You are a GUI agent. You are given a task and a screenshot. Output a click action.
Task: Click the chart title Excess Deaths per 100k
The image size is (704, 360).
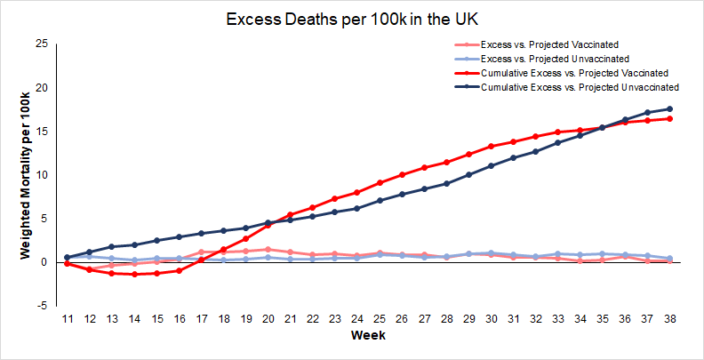(x=352, y=19)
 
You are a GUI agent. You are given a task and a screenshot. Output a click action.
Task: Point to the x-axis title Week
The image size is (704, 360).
(x=368, y=337)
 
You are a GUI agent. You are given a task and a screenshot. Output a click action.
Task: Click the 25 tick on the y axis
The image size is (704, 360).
(x=42, y=44)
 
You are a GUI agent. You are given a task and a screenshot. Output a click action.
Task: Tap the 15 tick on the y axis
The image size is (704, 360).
(x=42, y=131)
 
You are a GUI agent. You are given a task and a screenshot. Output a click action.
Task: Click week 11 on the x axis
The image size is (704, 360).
(x=67, y=317)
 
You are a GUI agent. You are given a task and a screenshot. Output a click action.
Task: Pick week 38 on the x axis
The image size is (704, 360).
(x=669, y=317)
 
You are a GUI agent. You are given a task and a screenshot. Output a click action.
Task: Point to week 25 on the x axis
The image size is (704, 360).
(x=380, y=317)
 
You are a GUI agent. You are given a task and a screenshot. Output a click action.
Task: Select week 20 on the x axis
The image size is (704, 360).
(x=268, y=317)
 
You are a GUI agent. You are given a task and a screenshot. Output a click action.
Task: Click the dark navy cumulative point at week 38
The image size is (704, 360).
(x=669, y=108)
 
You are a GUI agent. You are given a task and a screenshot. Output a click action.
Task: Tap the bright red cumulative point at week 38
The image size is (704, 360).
(x=669, y=118)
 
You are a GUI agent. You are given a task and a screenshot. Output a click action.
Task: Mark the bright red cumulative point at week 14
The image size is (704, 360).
(x=134, y=275)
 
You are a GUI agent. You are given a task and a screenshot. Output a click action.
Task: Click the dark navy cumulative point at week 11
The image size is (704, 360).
(x=67, y=257)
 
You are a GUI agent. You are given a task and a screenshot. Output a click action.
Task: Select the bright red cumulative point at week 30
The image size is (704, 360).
(x=491, y=146)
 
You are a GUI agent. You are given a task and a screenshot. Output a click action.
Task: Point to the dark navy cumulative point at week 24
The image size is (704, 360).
(x=357, y=208)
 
